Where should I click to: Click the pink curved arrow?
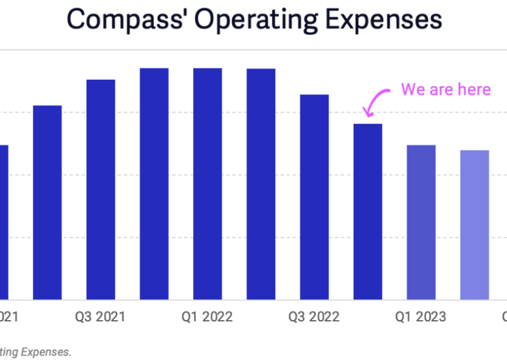coord(376,101)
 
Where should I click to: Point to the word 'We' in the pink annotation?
coord(413,89)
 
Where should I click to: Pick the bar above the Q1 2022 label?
coord(208,183)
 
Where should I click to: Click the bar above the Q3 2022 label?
coord(314,196)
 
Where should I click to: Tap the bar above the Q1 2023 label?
coord(421,222)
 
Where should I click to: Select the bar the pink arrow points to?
coord(368,211)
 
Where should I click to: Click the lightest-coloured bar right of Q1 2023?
coord(475,224)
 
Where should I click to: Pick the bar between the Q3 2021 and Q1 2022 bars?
coord(154,183)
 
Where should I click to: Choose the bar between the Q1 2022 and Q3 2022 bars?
coord(261,184)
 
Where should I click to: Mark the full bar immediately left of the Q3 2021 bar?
coord(48,202)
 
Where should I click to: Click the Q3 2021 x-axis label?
coord(101,316)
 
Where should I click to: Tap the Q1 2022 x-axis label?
coord(208,316)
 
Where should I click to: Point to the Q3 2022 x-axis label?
coord(314,316)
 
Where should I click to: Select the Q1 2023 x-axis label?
coord(421,316)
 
